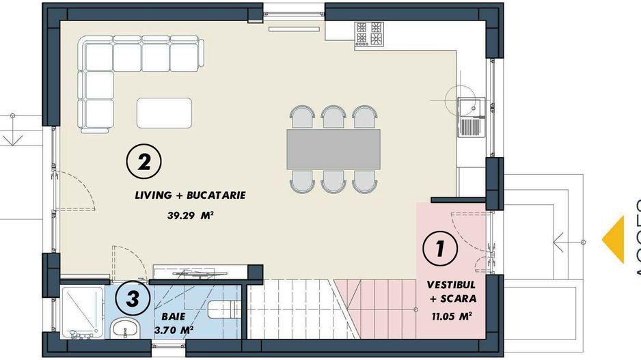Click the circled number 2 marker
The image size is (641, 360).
pos(144,162)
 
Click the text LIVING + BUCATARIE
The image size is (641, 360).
pos(190,196)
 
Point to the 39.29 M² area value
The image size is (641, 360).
pos(191,215)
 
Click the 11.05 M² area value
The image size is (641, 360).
pos(452,316)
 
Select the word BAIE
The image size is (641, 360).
pos(174,317)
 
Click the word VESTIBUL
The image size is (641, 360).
pos(452,283)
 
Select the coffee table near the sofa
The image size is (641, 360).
pos(164,113)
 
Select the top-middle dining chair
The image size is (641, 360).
pos(333,117)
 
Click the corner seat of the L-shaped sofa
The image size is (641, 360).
pos(96,55)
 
